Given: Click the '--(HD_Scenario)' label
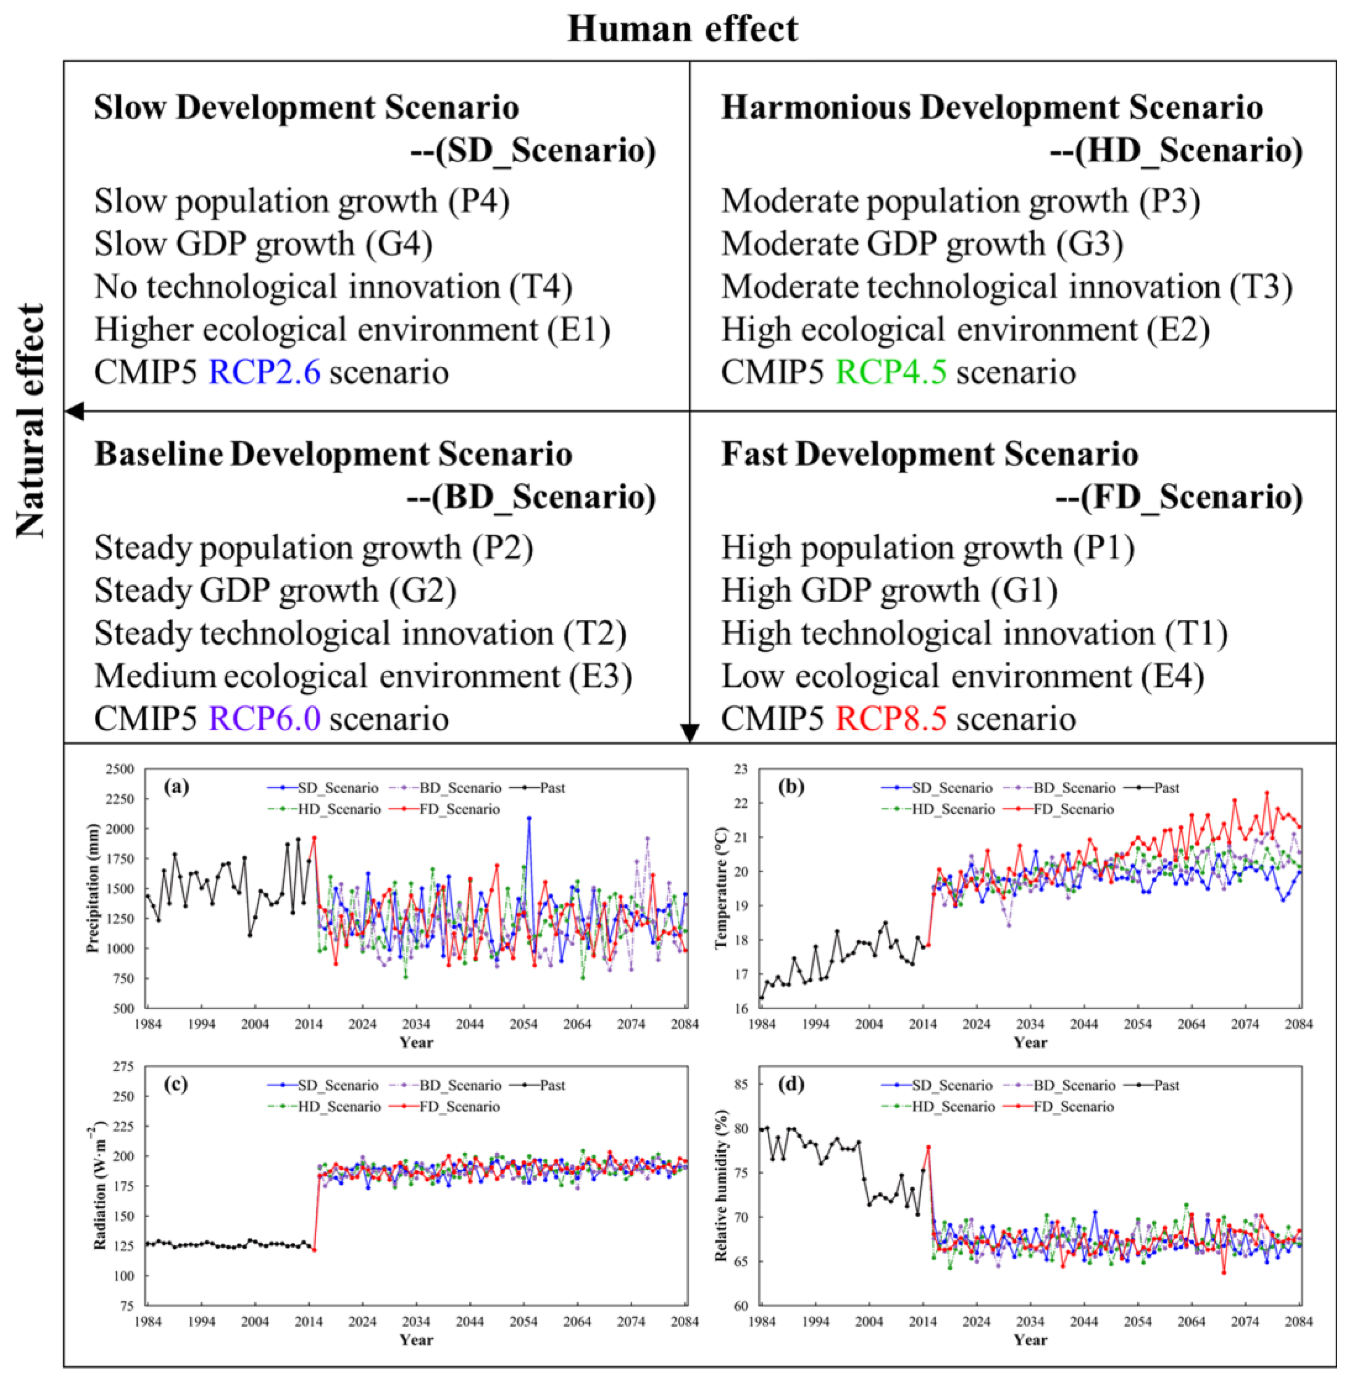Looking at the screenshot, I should coord(1176,151).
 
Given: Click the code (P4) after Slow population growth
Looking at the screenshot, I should coord(478,202).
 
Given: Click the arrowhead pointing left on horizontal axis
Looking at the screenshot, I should coord(74,410).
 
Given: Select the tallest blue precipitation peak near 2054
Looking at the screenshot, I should coord(529,818).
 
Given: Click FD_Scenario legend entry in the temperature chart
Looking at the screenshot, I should coord(1073,808).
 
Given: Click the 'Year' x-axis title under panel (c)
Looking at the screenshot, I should coord(415,1339).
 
